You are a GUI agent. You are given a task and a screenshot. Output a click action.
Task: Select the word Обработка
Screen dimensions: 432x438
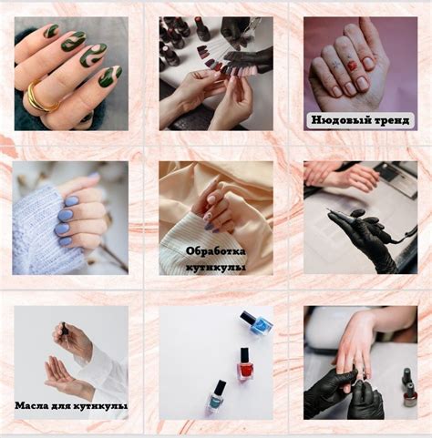click(216, 251)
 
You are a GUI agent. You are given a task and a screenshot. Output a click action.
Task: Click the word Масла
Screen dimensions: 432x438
click(29, 405)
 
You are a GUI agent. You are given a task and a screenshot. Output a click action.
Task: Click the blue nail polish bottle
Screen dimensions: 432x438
click(257, 323)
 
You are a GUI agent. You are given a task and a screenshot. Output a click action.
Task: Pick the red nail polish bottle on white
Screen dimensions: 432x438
click(245, 363)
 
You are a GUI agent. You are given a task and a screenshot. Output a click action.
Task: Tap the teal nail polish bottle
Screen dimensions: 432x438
click(216, 397)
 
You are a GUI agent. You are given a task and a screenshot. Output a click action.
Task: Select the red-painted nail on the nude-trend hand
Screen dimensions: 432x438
click(353, 65)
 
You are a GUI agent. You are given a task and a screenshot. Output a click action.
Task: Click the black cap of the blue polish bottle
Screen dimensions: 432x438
click(248, 317)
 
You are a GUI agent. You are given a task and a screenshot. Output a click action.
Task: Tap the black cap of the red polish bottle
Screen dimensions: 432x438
click(244, 354)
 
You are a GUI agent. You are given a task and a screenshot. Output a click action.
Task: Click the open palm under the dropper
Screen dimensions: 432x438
click(66, 376)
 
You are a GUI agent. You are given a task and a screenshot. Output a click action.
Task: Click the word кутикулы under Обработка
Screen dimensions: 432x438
click(216, 268)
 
